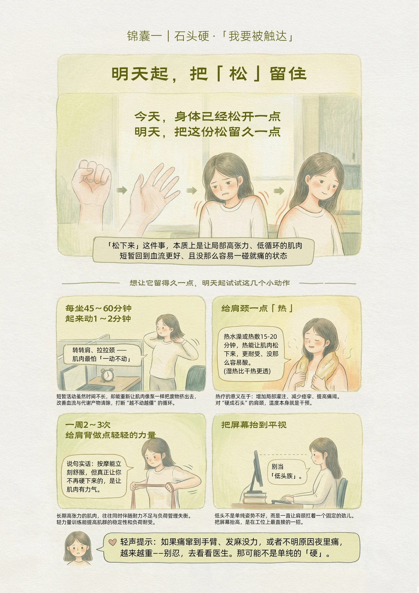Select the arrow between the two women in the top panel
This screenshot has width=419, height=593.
279,191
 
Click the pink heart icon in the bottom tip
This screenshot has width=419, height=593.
113,542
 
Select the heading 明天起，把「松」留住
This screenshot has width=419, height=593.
209,74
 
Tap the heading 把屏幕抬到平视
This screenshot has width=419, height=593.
254,425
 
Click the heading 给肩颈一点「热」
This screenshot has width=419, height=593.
257,308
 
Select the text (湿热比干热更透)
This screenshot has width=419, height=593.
247,371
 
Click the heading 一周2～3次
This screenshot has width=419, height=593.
88,425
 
